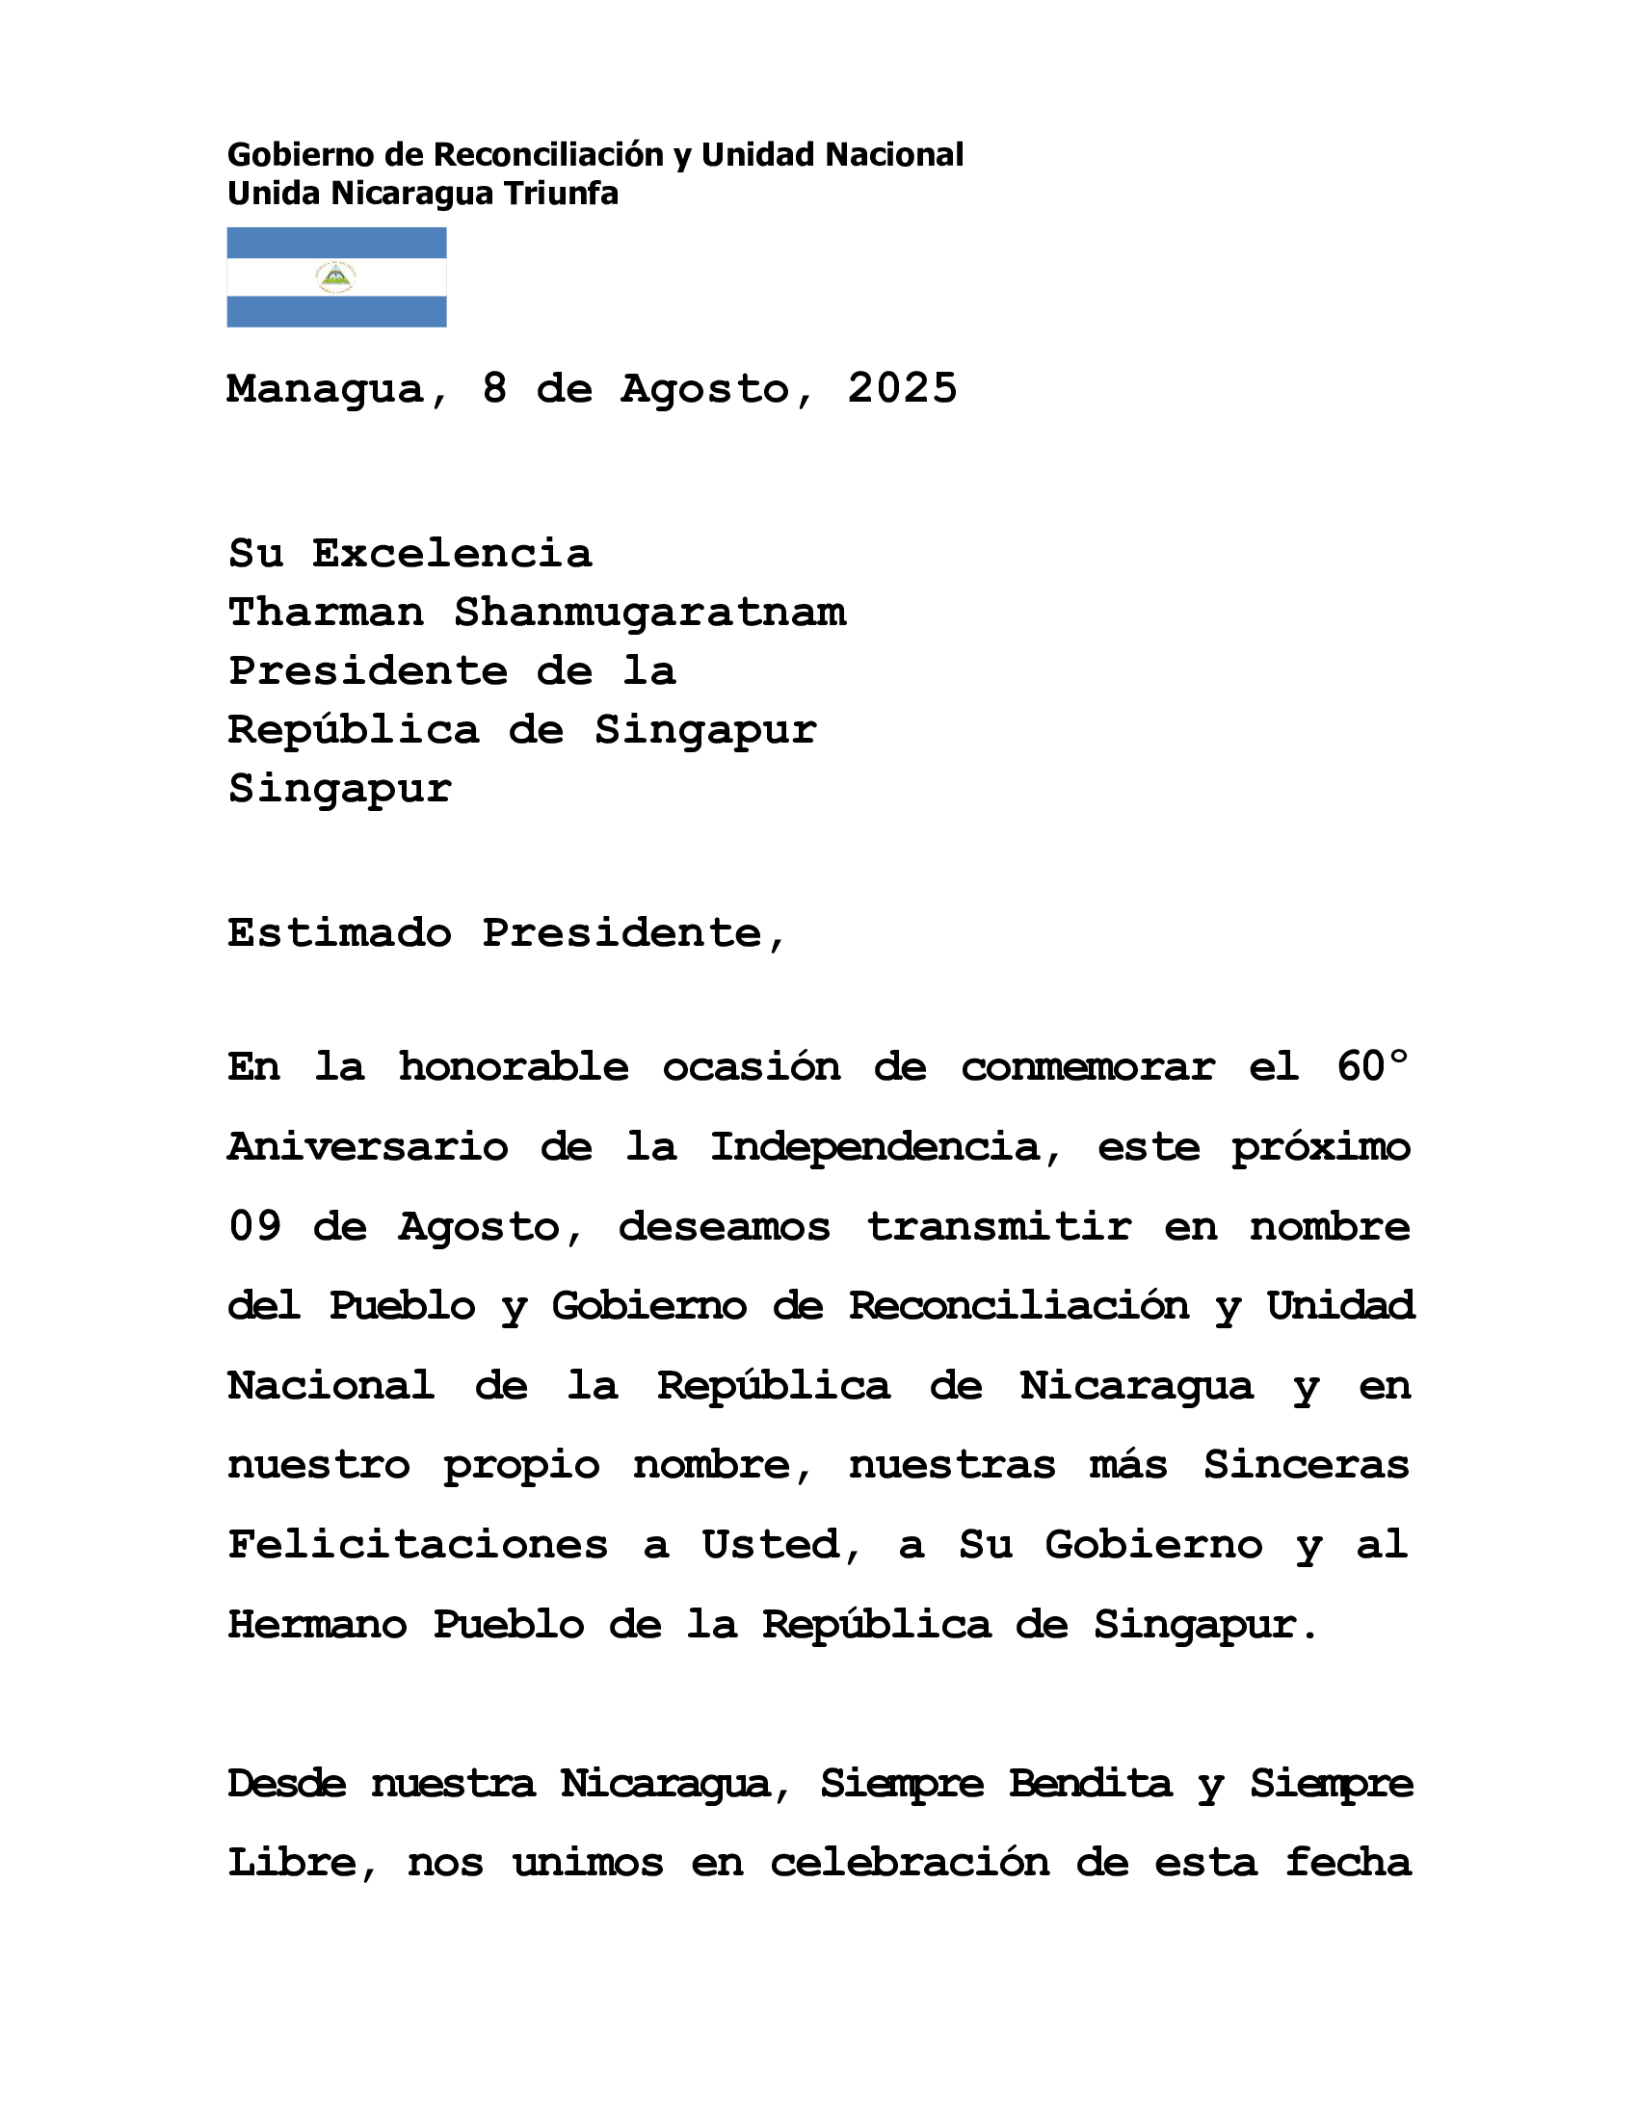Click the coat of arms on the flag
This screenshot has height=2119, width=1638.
click(335, 277)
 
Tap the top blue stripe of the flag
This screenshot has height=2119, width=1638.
click(335, 243)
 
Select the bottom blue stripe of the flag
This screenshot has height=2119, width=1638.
click(335, 311)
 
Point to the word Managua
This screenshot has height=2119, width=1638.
click(326, 389)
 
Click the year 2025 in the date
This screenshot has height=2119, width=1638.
click(902, 389)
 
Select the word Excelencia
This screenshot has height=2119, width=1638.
click(451, 554)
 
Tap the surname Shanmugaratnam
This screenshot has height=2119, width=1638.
click(649, 613)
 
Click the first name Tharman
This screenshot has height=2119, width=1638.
click(326, 613)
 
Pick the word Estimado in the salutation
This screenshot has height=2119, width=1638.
click(339, 933)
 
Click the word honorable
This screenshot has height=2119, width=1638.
click(514, 1067)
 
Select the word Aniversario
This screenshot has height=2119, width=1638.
click(368, 1148)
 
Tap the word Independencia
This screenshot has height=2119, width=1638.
click(874, 1148)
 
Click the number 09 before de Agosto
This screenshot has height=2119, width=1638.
click(254, 1227)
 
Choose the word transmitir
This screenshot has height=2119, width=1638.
click(999, 1227)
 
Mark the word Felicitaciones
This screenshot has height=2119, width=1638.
click(418, 1545)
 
